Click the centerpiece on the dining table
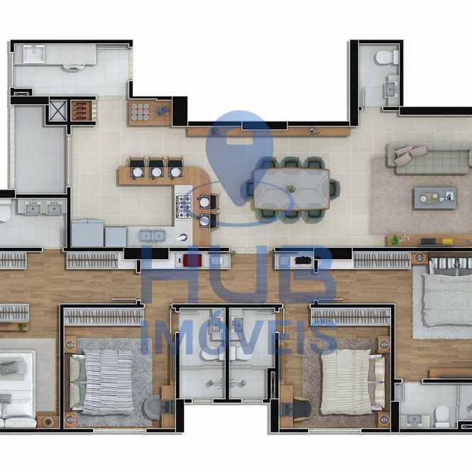[x=291, y=189]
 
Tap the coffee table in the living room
[x=434, y=198]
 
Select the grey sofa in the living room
[x=429, y=159]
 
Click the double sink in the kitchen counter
[x=153, y=236]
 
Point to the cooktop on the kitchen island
[x=184, y=207]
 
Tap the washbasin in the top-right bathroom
[x=390, y=89]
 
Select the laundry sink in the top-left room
[x=34, y=54]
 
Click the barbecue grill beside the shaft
[x=82, y=111]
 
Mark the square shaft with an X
[x=57, y=110]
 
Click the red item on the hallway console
[x=192, y=260]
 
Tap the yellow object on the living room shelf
[x=447, y=241]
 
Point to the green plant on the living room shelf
[x=395, y=240]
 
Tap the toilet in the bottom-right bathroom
[x=442, y=416]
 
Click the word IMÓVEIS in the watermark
[x=238, y=337]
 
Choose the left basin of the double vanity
[x=33, y=208]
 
